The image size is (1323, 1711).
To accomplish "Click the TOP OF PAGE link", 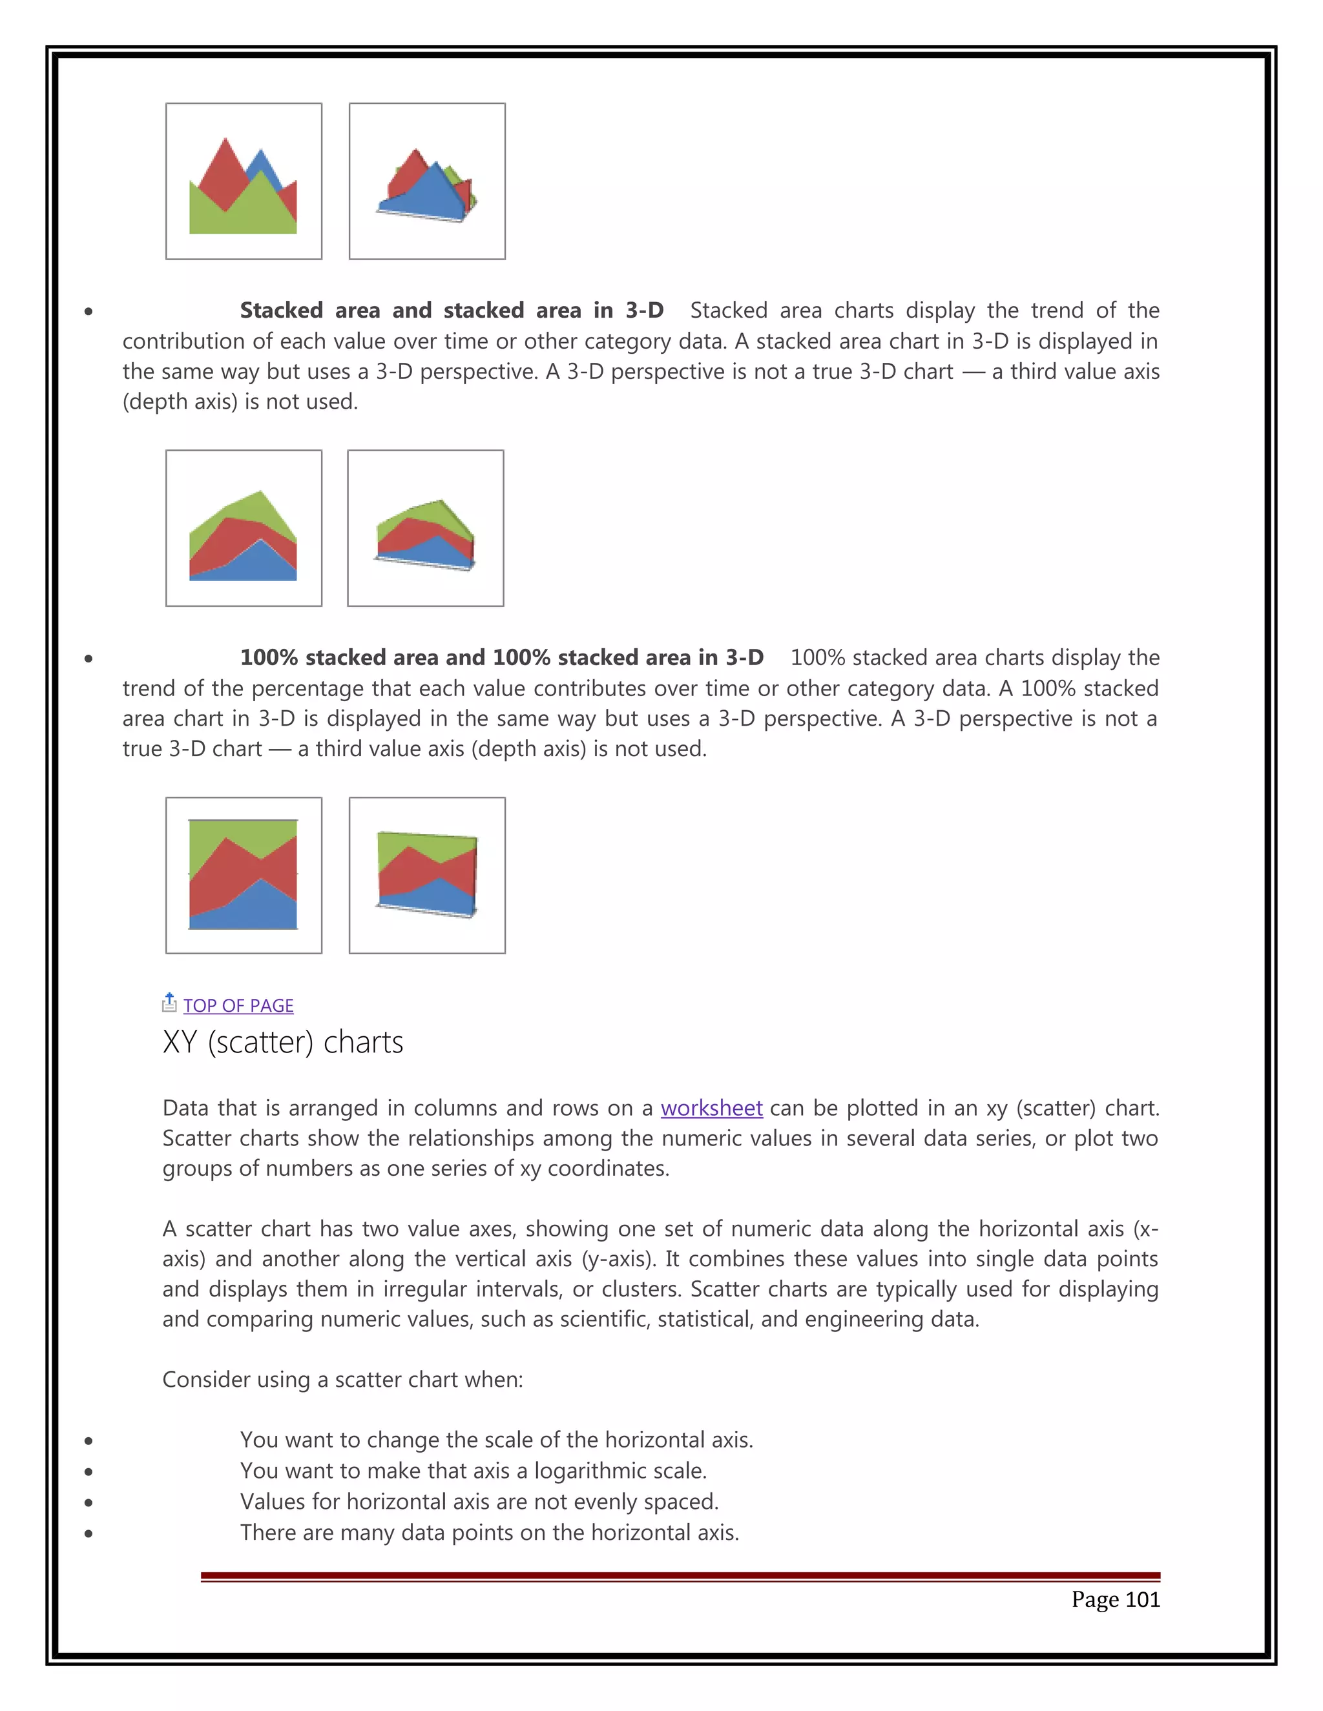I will click(x=238, y=1005).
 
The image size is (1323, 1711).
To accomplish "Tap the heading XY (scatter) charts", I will click(x=283, y=1042).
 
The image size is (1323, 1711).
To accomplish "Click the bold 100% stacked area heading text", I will click(x=501, y=657).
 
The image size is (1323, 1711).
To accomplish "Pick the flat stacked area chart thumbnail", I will click(x=244, y=528).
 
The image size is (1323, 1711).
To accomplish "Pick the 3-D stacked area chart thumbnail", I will click(x=426, y=528).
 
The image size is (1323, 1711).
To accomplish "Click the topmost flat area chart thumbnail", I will click(x=244, y=181).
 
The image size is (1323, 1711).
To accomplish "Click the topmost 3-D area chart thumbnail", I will click(x=427, y=181).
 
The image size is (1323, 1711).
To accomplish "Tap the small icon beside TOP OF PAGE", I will click(x=169, y=1003).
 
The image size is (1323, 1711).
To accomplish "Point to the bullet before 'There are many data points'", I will click(x=89, y=1533).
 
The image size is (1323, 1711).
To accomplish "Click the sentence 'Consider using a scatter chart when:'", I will click(x=342, y=1379).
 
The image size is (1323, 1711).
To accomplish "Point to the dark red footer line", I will click(x=680, y=1575).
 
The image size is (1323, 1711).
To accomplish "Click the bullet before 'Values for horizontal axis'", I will click(x=89, y=1502).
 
